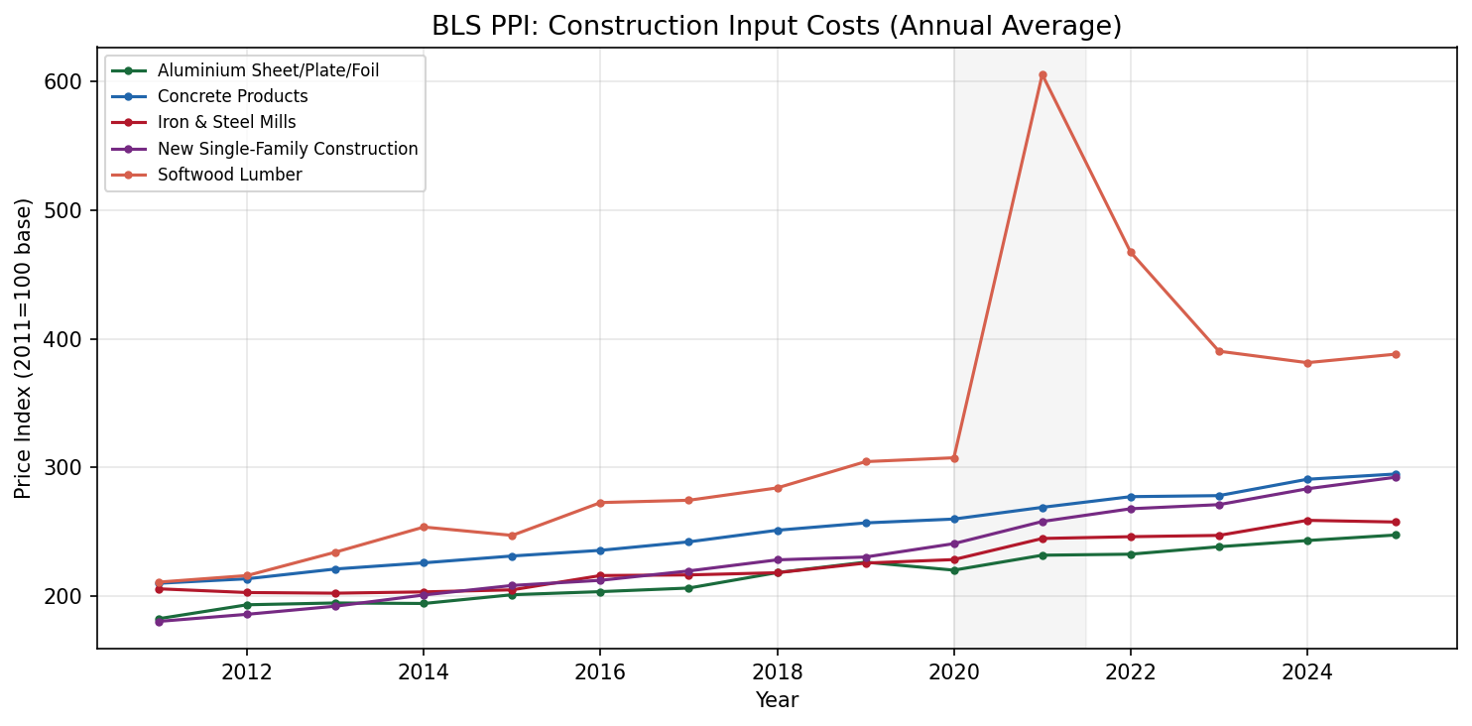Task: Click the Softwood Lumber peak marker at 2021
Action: point(1043,74)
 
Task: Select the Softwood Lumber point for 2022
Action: point(1131,252)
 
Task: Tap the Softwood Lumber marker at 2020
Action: point(954,457)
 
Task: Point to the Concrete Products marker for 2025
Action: point(1396,474)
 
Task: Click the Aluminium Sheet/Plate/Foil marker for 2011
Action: point(159,619)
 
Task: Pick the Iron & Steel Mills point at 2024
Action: point(1307,521)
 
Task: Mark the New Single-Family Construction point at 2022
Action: point(1131,509)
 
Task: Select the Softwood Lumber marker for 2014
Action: point(424,527)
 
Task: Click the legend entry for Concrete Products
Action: point(232,96)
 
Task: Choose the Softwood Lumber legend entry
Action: point(229,175)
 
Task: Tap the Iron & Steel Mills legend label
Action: point(226,123)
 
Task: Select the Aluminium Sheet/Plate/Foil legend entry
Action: point(268,70)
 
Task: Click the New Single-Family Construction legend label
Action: point(288,149)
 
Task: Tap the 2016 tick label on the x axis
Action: point(600,671)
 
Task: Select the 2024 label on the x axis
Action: point(1307,671)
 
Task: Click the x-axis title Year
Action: point(777,700)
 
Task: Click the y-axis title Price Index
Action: point(24,347)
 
